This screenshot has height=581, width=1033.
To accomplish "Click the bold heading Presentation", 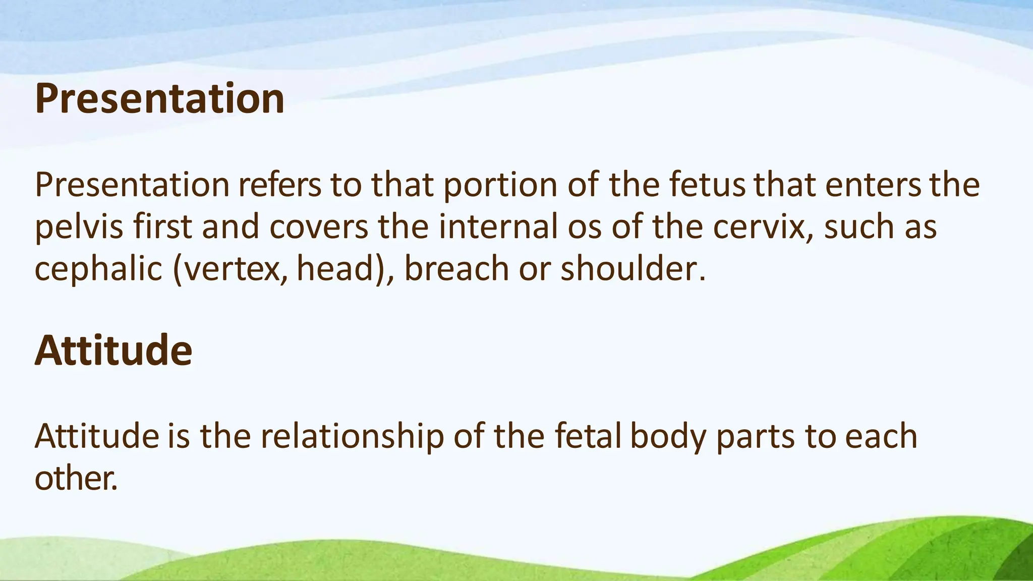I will pos(159,99).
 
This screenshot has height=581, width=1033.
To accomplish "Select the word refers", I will pos(279,185).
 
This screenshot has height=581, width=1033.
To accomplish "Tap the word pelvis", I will pos(79,227).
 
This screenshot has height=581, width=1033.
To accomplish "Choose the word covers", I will pos(319,227).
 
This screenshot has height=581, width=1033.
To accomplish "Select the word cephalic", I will pos(98,269).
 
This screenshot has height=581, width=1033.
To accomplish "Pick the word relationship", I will pos(352,437).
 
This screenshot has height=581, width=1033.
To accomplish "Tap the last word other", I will pos(76,478).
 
